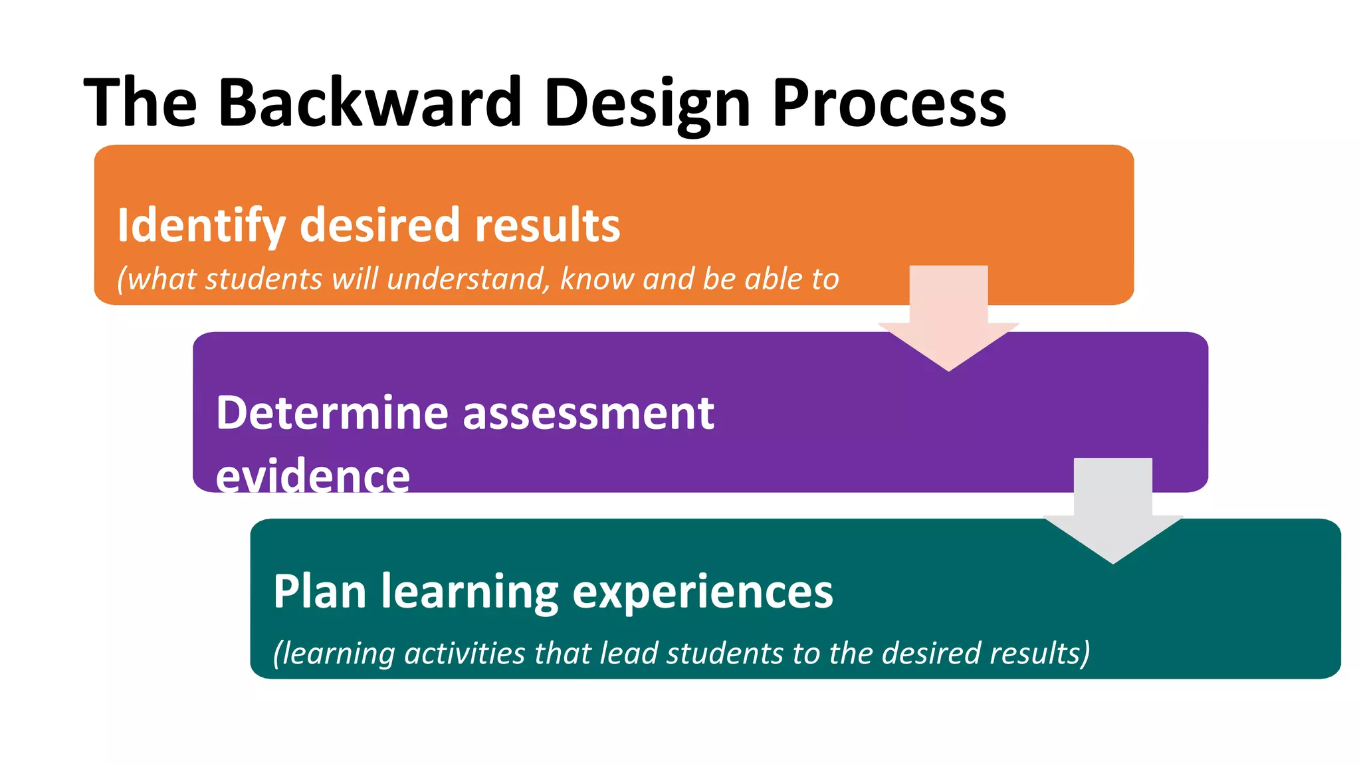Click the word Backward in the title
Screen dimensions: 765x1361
[x=369, y=103]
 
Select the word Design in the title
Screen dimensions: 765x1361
[x=647, y=103]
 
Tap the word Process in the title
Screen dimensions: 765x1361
[x=889, y=103]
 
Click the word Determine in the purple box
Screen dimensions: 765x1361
[x=332, y=413]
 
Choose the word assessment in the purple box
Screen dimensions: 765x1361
[x=588, y=413]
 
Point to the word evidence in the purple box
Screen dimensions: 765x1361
[x=312, y=475]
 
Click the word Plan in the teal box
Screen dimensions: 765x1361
[x=320, y=591]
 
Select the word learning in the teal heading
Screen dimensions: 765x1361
[x=469, y=591]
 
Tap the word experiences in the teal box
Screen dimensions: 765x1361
[x=702, y=591]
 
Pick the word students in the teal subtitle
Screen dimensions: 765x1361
[x=724, y=653]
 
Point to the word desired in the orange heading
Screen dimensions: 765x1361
[x=379, y=226]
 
